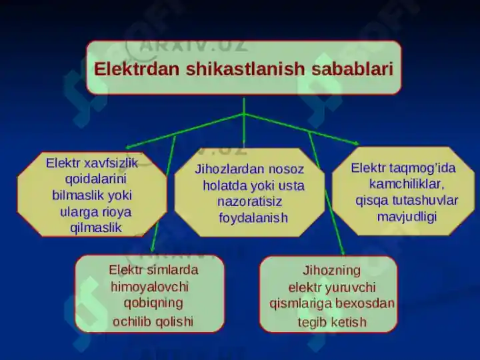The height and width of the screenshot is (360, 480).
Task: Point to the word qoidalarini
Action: [96, 179]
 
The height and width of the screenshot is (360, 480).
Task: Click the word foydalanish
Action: [253, 218]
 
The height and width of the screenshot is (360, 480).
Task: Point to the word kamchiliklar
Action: [407, 183]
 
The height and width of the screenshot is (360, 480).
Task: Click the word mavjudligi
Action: [407, 217]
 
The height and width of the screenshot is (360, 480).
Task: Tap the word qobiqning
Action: [153, 303]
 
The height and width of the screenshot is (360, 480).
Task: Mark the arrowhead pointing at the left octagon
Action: [129, 147]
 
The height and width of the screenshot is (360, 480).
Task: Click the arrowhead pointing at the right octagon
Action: [357, 143]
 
